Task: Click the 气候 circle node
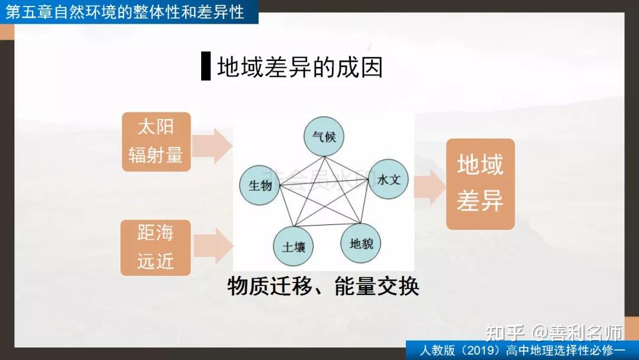[x=324, y=137]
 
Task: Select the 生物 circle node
[x=260, y=186]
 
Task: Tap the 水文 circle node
[x=388, y=179]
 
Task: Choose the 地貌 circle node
[x=361, y=243]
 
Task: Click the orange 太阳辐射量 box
[x=156, y=142]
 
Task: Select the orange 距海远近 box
[x=156, y=247]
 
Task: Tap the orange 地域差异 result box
[x=480, y=184]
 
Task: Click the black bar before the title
[x=206, y=66]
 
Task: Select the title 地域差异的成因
[x=300, y=67]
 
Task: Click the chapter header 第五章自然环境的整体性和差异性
[x=125, y=12]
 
